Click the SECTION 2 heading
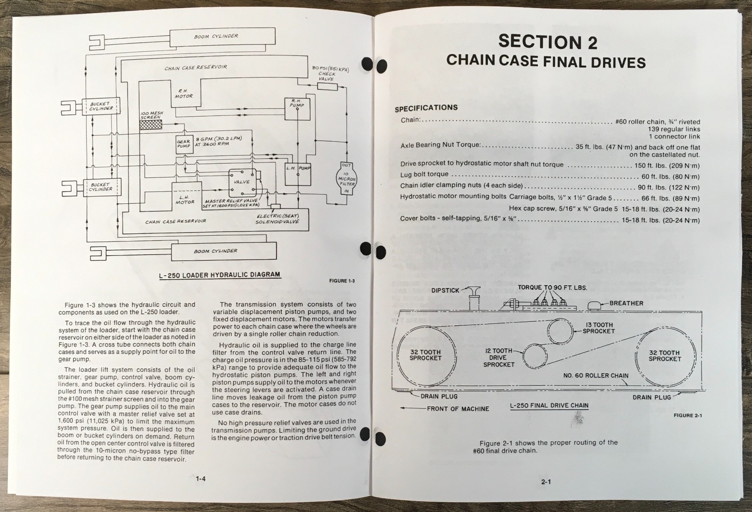click(547, 42)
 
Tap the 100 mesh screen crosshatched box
click(150, 125)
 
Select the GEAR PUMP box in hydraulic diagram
click(183, 144)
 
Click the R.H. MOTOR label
click(183, 93)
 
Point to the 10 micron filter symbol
click(347, 178)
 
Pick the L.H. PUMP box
click(298, 168)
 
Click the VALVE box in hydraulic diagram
click(242, 182)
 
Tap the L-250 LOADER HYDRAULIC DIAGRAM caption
click(219, 274)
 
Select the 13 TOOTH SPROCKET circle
click(560, 331)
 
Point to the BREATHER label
click(626, 303)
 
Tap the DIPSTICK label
click(445, 290)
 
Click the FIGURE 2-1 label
click(687, 415)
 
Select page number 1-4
click(201, 479)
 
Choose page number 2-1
click(546, 481)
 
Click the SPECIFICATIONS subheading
click(426, 108)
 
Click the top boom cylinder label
click(216, 36)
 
